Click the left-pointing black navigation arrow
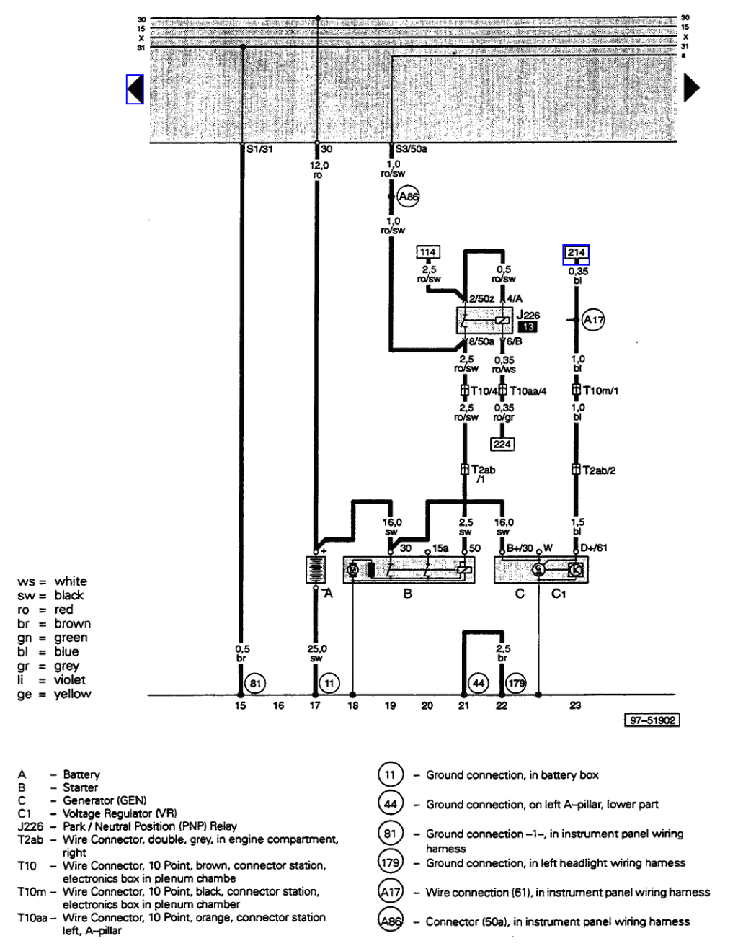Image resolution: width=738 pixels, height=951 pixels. [135, 89]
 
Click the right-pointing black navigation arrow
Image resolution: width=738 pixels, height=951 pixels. [691, 88]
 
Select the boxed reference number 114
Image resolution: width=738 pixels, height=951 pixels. [428, 252]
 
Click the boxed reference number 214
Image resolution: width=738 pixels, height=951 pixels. [577, 253]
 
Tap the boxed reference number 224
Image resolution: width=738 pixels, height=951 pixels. [502, 444]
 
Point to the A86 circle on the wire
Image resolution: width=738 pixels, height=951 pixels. [408, 197]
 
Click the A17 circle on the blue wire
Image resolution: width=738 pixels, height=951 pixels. [593, 320]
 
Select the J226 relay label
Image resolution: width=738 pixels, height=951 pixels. [528, 315]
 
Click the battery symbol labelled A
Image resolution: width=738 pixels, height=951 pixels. [316, 569]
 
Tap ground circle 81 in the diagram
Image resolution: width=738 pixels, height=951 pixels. [256, 683]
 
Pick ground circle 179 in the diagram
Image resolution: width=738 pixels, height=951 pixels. [517, 683]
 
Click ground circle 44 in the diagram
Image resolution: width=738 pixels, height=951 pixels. [479, 683]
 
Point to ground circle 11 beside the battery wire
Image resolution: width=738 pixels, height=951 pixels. [329, 683]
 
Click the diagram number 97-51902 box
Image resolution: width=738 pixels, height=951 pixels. [652, 720]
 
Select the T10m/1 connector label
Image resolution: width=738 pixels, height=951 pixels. [600, 390]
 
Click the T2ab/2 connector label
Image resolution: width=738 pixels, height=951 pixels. [599, 470]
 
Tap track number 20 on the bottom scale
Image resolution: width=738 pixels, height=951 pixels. [427, 706]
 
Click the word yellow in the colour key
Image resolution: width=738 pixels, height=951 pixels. [73, 694]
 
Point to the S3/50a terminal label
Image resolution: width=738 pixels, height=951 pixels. [412, 149]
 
